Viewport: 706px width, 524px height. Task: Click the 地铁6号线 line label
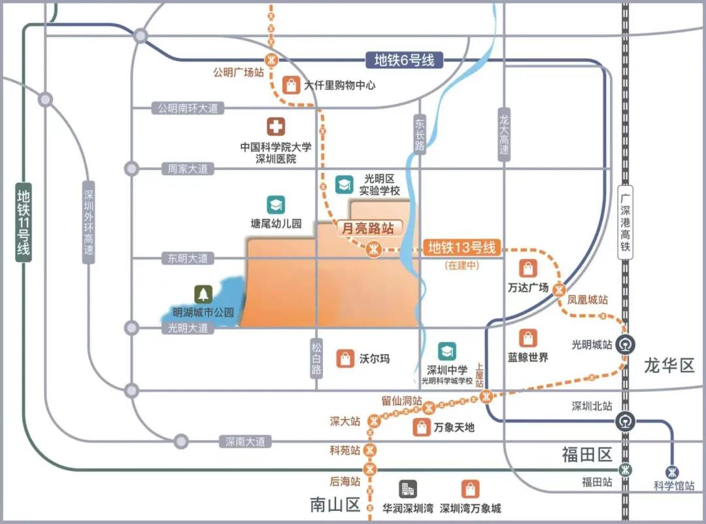[x=404, y=60]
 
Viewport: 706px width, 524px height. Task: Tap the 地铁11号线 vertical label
[x=24, y=222]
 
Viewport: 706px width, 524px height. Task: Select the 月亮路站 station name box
[x=369, y=228]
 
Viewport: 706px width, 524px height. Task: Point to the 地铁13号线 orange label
[x=463, y=248]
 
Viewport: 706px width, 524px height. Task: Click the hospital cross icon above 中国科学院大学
[x=275, y=127]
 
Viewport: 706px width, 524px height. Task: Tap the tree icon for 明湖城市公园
[x=203, y=294]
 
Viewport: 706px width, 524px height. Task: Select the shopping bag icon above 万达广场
[x=528, y=268]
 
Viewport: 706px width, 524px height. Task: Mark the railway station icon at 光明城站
[x=626, y=344]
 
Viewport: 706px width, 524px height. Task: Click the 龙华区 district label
[x=669, y=365]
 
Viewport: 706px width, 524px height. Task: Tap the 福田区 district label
[x=586, y=455]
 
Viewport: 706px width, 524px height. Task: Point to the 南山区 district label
[x=335, y=505]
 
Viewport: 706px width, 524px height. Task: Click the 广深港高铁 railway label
[x=626, y=218]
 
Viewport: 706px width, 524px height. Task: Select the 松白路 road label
[x=317, y=358]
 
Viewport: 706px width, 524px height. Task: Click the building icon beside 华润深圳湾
[x=408, y=489]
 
